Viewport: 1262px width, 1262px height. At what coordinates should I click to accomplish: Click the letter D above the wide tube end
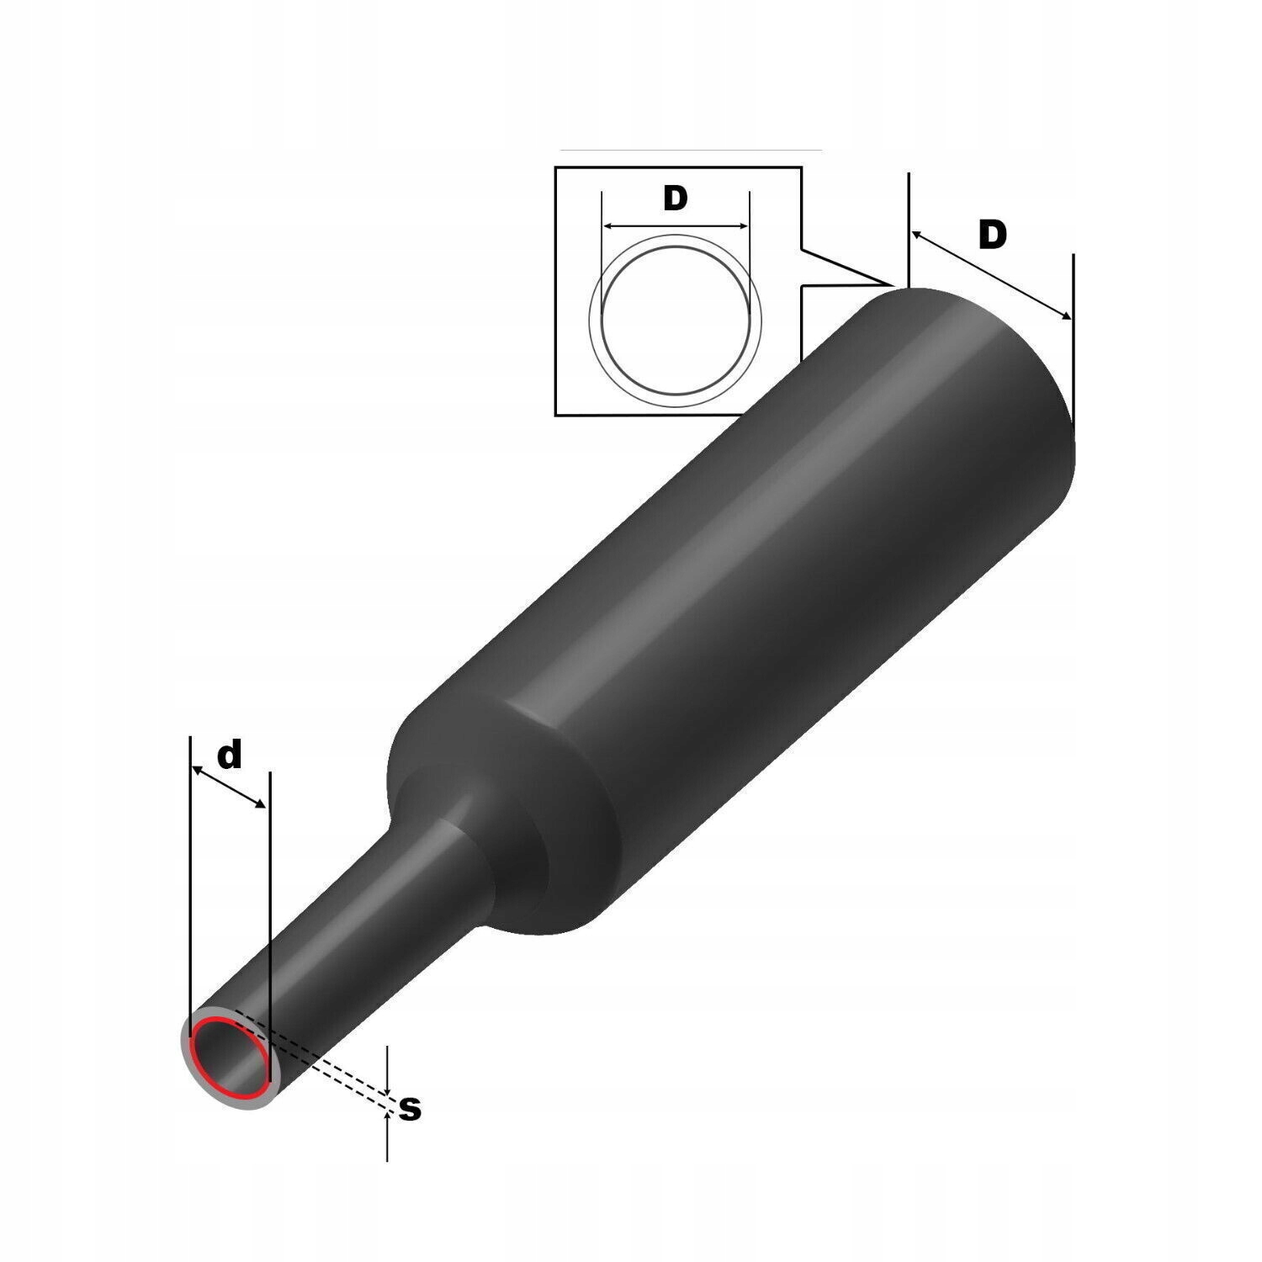click(x=993, y=236)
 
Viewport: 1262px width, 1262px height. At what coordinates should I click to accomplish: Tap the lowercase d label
click(x=230, y=755)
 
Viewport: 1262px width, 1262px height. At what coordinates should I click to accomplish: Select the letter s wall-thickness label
click(x=410, y=1109)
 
